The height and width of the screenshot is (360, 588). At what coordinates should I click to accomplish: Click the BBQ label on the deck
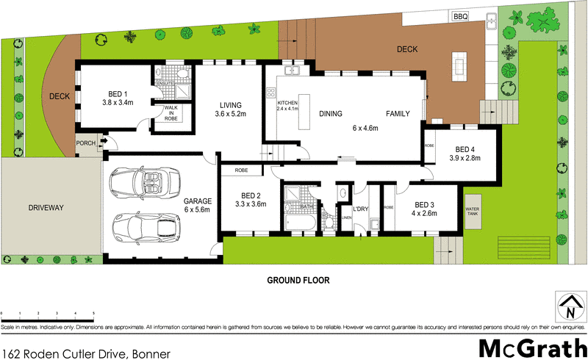pyautogui.click(x=461, y=16)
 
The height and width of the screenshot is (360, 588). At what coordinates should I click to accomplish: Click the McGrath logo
pyautogui.click(x=528, y=349)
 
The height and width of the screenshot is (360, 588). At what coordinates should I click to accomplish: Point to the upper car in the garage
pyautogui.click(x=144, y=182)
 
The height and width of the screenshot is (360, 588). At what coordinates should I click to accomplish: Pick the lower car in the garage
pyautogui.click(x=146, y=228)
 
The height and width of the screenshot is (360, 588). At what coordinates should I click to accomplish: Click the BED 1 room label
pyautogui.click(x=119, y=93)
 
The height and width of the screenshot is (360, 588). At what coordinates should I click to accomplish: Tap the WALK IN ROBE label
pyautogui.click(x=171, y=113)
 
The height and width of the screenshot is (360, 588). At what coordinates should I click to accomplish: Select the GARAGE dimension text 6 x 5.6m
pyautogui.click(x=197, y=209)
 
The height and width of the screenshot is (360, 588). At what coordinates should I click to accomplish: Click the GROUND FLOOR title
pyautogui.click(x=298, y=280)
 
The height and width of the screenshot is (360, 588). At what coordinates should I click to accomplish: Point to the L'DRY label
pyautogui.click(x=360, y=210)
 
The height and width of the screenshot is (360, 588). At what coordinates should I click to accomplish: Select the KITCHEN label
pyautogui.click(x=287, y=102)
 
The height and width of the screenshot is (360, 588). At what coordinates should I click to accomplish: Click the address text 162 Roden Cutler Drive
pyautogui.click(x=86, y=353)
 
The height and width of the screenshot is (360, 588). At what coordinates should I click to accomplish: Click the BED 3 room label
pyautogui.click(x=425, y=204)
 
